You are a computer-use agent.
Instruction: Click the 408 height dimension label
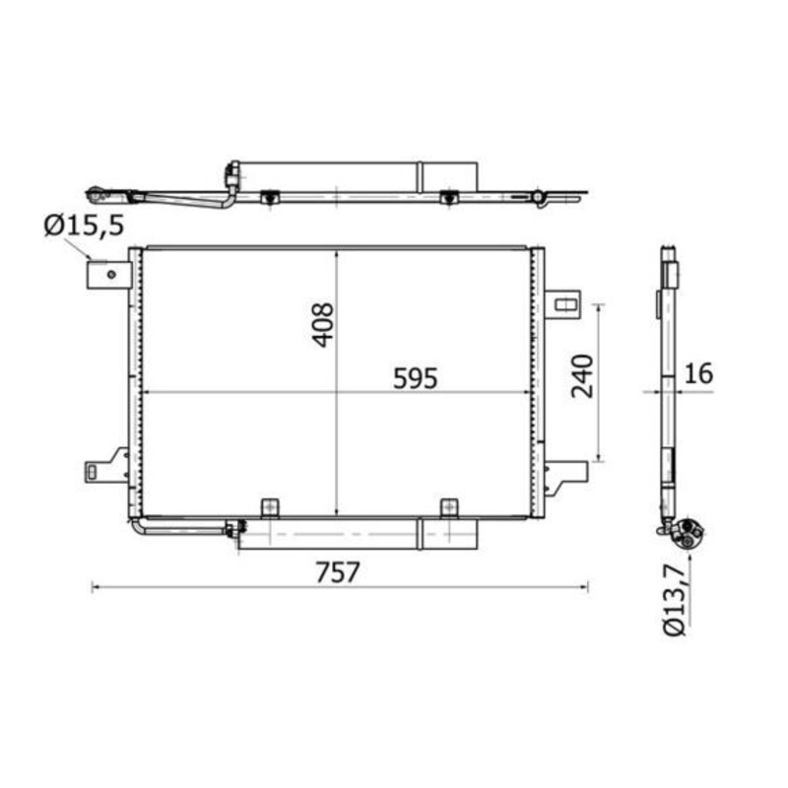[323, 324]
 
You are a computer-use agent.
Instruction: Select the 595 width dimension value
[414, 377]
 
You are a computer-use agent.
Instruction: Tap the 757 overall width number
[338, 570]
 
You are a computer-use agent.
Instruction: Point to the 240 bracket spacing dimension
[582, 375]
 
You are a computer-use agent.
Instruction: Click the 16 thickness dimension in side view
[700, 375]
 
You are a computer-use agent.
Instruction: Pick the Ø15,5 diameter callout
[84, 226]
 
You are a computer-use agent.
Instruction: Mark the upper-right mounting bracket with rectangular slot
[563, 303]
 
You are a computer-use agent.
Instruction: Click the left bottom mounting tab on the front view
[270, 507]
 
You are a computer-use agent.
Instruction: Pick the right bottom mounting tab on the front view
[449, 507]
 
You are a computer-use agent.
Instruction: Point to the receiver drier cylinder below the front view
[355, 534]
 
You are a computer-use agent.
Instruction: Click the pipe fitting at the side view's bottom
[683, 533]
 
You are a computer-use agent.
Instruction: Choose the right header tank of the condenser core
[538, 382]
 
